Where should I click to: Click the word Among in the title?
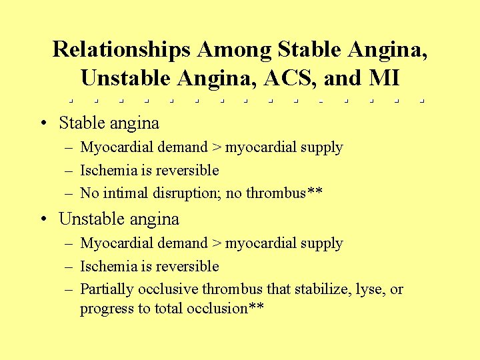pyautogui.click(x=235, y=49)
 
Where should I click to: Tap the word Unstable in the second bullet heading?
pyautogui.click(x=88, y=219)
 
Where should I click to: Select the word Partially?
pyautogui.click(x=107, y=289)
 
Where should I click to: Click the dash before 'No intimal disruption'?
pyautogui.click(x=69, y=194)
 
